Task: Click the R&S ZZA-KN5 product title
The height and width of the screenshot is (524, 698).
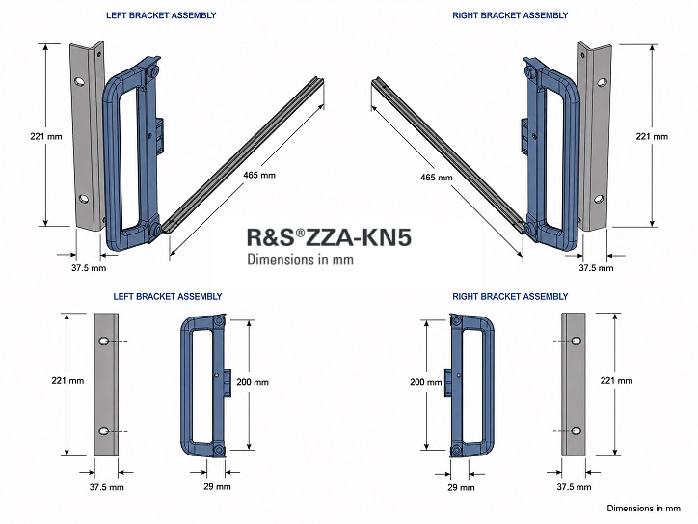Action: (329, 237)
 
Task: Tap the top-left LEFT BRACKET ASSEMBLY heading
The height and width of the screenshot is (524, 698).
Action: (161, 15)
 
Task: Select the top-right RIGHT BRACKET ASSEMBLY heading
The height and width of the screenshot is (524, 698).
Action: (510, 15)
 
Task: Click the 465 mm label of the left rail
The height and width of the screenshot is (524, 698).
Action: (259, 175)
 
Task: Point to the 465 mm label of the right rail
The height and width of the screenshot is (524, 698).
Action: (436, 178)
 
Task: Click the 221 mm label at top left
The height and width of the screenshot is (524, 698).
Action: (46, 137)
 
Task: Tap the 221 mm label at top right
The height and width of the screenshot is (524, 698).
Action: (652, 137)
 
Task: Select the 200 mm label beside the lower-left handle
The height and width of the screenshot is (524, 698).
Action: (253, 382)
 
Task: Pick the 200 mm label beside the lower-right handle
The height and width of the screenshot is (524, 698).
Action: (426, 382)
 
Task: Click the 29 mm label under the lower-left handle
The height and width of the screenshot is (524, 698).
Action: (217, 487)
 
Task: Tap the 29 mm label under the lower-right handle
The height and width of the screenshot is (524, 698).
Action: (461, 488)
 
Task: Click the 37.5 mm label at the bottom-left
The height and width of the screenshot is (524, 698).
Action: (106, 487)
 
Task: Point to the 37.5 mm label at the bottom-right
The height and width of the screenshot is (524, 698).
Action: (574, 487)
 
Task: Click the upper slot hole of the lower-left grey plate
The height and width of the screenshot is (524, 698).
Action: (104, 342)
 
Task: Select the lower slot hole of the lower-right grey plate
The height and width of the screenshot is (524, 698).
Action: (576, 431)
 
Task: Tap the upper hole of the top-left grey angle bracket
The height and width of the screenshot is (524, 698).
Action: (80, 81)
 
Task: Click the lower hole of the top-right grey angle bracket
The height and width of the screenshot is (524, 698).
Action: (599, 199)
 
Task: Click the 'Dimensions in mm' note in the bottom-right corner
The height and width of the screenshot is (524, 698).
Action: (644, 509)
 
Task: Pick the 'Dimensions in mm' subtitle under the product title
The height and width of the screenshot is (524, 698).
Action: (301, 260)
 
